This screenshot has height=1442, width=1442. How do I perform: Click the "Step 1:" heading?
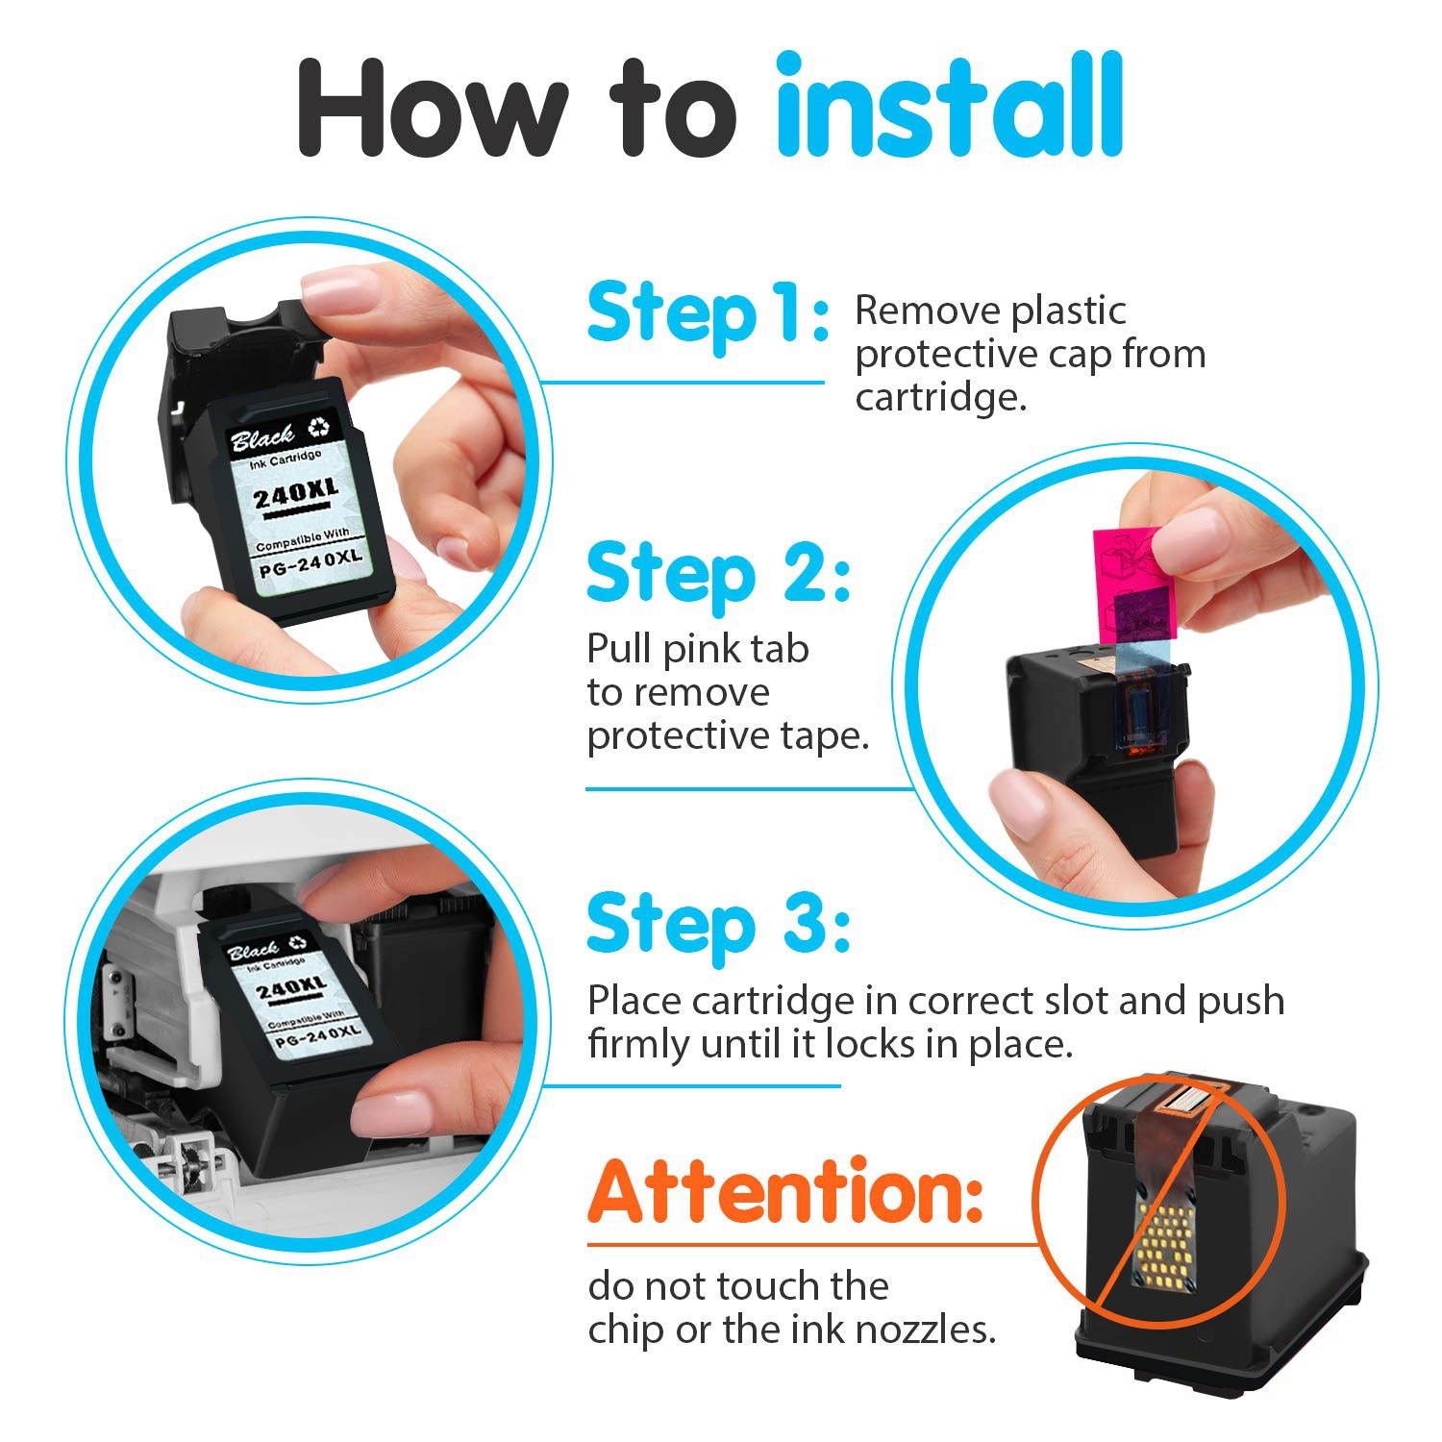click(708, 312)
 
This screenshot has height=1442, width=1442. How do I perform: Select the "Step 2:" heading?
click(717, 574)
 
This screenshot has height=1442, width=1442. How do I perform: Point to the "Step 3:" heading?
click(717, 924)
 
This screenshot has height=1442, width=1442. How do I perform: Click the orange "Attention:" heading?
click(785, 1191)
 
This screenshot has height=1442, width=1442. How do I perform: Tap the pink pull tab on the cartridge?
click(1128, 573)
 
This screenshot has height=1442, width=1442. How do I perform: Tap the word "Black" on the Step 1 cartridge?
click(261, 438)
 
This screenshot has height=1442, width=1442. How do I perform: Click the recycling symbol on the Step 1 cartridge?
click(320, 425)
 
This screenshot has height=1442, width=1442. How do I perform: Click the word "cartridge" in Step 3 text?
click(773, 1001)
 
